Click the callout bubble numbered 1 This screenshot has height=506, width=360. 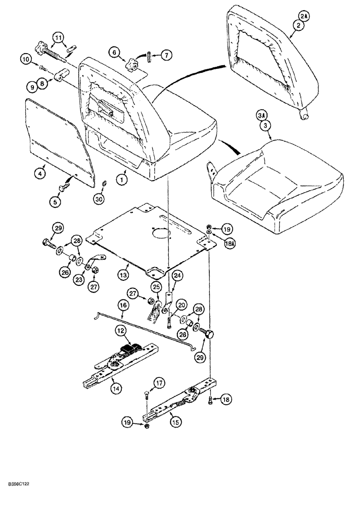121,178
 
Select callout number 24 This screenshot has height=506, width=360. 176,276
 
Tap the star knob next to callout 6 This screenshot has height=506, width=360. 133,65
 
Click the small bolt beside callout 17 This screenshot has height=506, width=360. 146,395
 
